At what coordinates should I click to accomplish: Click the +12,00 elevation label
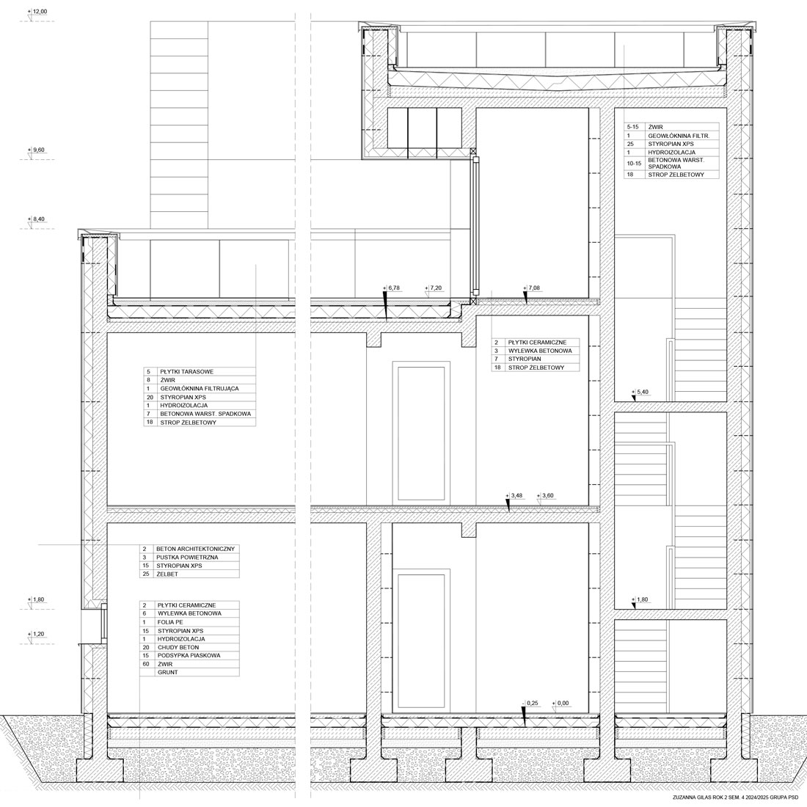tap(37, 11)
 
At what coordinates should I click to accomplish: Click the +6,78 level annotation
tap(391, 288)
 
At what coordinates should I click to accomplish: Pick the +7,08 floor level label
tap(531, 288)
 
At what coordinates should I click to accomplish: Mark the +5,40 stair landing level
tap(640, 392)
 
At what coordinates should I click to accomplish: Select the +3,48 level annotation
tap(514, 496)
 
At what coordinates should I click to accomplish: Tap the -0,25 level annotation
tap(530, 703)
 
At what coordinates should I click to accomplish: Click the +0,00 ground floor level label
tap(560, 703)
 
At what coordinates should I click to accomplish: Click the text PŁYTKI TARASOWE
tap(187, 372)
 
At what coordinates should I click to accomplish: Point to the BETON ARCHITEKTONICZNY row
tap(196, 549)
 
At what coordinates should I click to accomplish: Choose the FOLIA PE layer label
tap(170, 622)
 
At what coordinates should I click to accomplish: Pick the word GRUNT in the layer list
tap(168, 673)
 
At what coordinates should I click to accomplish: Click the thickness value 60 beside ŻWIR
tap(146, 665)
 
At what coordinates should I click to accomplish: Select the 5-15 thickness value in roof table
tap(632, 127)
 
